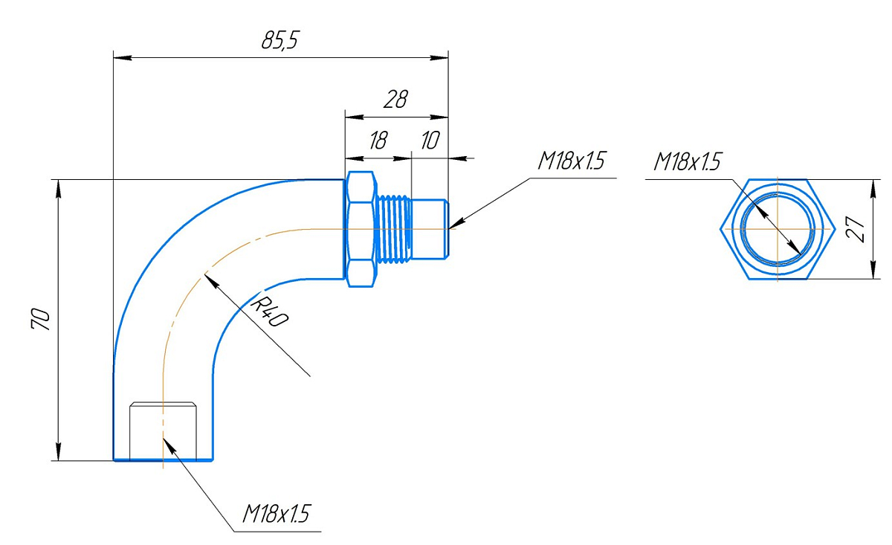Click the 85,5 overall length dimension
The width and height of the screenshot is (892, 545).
click(279, 41)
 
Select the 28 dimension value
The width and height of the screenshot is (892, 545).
click(395, 100)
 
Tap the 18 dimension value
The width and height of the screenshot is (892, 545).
click(378, 141)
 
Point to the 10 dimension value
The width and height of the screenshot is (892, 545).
click(430, 141)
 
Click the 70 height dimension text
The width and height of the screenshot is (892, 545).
click(42, 319)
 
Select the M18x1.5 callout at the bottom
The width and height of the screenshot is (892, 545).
click(276, 514)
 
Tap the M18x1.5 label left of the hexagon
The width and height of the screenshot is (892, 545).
click(687, 161)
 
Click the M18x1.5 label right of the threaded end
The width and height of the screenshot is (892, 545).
click(572, 161)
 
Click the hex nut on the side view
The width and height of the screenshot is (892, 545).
click(361, 229)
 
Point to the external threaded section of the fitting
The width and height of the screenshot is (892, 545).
click(394, 229)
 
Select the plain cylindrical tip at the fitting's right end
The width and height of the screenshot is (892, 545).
click(430, 229)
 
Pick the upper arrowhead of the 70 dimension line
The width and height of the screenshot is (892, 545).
click(58, 186)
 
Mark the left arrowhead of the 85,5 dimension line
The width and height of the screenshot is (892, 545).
click(119, 57)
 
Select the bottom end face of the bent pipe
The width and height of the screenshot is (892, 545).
click(163, 460)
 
